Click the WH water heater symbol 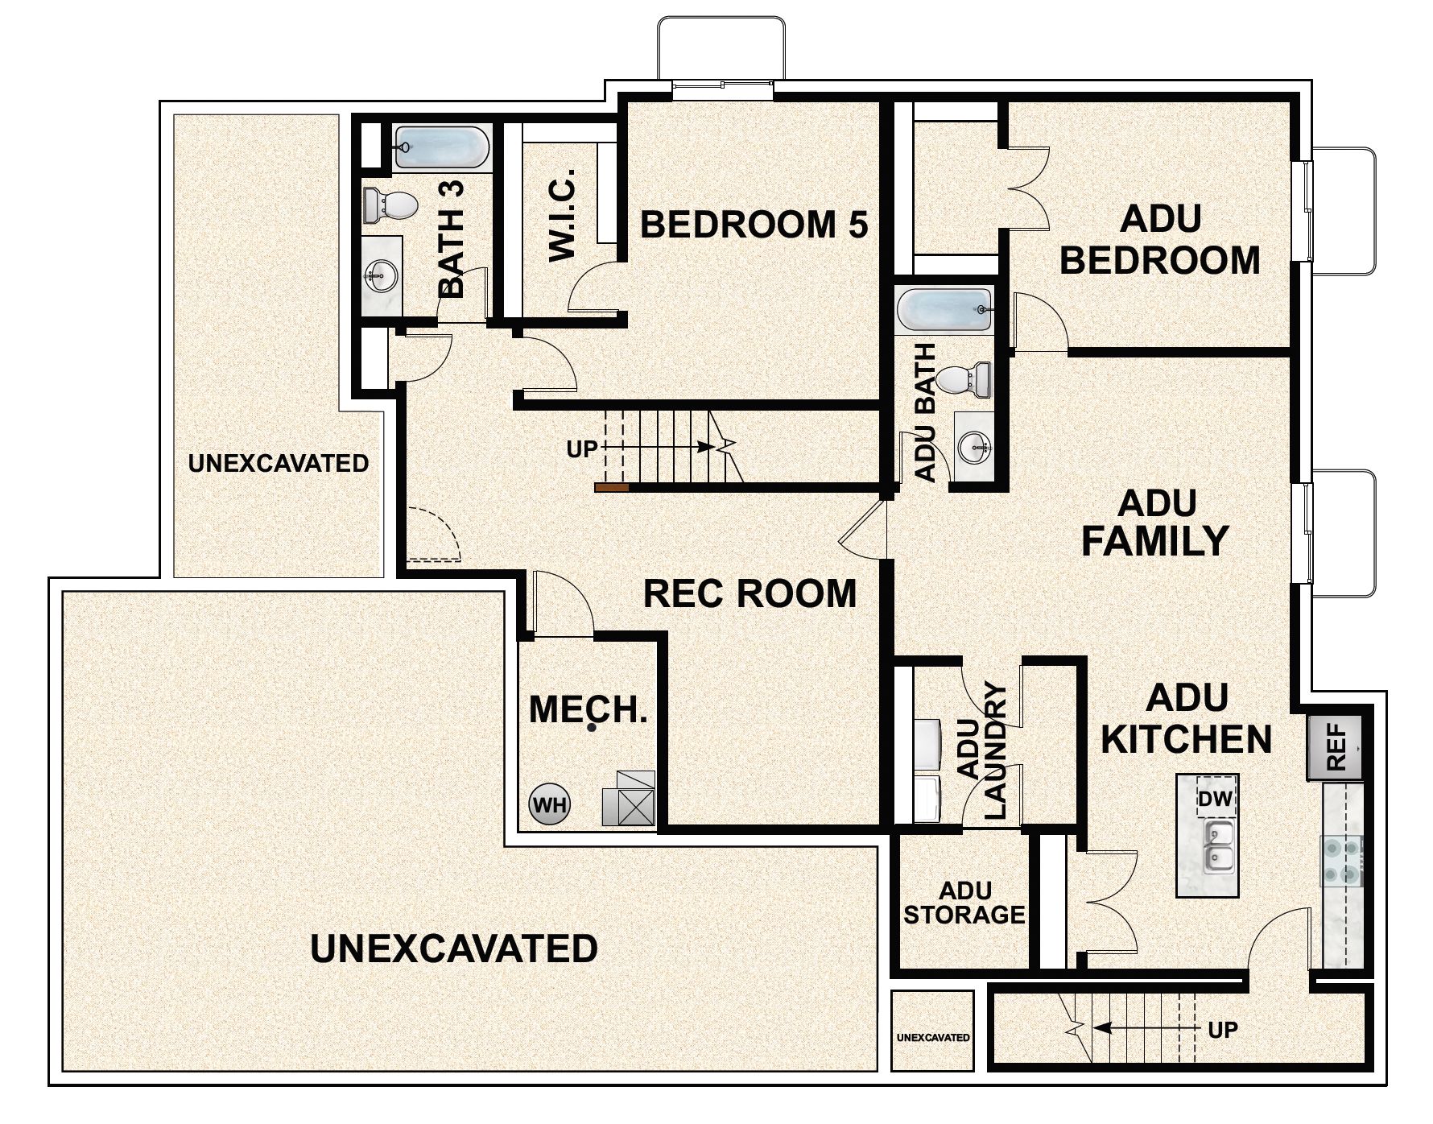tap(549, 804)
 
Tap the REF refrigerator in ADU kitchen tap(1335, 747)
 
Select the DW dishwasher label tap(1216, 799)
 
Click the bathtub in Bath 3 tap(440, 147)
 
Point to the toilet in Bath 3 tap(390, 205)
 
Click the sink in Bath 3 tap(380, 276)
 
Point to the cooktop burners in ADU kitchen tap(1341, 860)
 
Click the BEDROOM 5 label tap(754, 225)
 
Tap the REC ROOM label tap(750, 593)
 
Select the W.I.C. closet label tap(562, 214)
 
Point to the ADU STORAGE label tap(964, 903)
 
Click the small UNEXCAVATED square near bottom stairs tap(932, 1036)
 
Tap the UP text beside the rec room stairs tap(582, 449)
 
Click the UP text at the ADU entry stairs tap(1223, 1029)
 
